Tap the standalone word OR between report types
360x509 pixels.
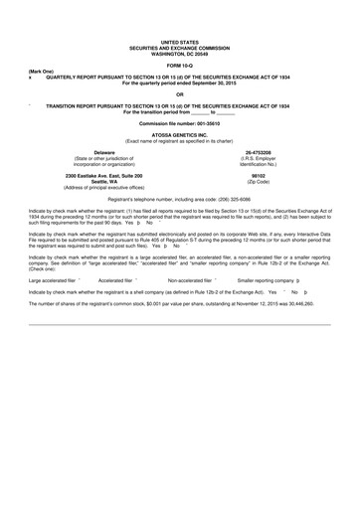179,93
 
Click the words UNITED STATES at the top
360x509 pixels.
179,39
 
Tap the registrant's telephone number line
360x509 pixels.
179,199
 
